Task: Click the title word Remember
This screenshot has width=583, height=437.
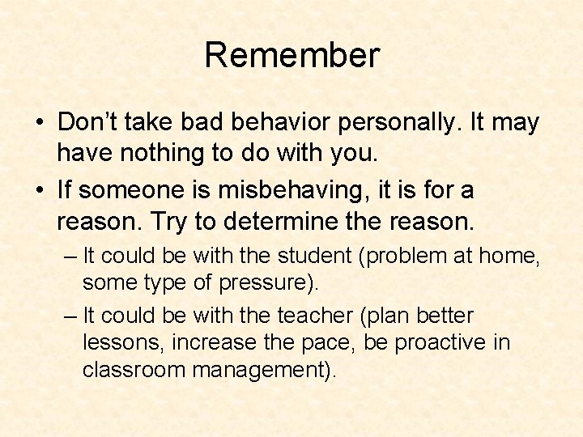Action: click(x=291, y=56)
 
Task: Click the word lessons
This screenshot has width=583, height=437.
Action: click(x=123, y=342)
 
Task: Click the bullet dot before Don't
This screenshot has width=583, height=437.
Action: click(x=40, y=124)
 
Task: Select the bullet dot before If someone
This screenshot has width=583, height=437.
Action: click(x=40, y=192)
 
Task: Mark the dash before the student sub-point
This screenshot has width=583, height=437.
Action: click(x=70, y=257)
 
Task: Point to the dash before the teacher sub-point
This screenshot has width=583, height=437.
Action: click(x=70, y=316)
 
